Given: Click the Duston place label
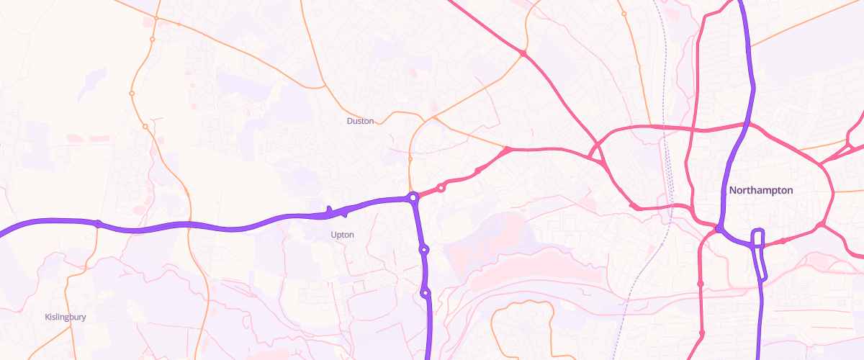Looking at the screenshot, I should coord(360,121).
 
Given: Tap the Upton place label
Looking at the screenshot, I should coord(342,235).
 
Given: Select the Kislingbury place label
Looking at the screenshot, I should coord(66,317).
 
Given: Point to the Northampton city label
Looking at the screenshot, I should coord(760,191).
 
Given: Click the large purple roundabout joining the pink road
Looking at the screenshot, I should coord(413,197).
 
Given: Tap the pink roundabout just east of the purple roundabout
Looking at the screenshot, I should coord(441,188).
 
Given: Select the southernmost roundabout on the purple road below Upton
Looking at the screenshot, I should coord(426,292).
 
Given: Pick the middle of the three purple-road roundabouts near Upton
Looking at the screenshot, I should coord(424,250).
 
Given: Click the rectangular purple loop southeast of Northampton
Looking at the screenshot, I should coord(758,252).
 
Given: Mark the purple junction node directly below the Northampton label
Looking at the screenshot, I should coord(719,229).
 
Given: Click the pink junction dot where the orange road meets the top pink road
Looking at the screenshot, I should coord(523,53).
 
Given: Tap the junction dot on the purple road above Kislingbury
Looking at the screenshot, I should coord(97,223).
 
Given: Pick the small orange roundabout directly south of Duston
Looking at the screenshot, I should coord(410,158).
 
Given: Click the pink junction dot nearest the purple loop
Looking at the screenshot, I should coord(783,240).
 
